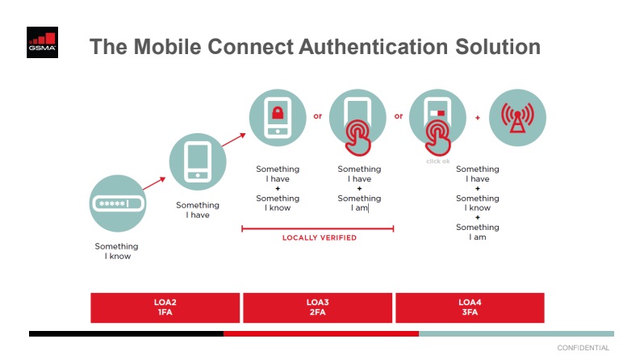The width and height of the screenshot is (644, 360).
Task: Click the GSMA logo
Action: coord(42,42)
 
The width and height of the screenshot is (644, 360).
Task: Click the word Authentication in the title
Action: coord(373,47)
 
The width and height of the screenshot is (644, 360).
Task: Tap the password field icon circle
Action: coord(118,203)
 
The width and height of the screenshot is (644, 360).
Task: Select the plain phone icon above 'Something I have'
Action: coord(198,161)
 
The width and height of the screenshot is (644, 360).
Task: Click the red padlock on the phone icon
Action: coord(278,113)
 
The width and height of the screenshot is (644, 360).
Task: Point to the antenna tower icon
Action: coord(517,118)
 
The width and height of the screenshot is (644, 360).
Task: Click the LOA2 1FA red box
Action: coord(165,308)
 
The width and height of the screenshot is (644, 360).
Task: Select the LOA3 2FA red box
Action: coord(317,308)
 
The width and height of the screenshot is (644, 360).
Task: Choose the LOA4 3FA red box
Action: coord(470,308)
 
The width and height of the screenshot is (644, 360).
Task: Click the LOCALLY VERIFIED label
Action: coord(320,237)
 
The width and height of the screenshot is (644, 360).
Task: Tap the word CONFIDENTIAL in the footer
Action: coord(583,348)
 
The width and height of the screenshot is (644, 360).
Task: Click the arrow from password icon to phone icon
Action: coord(154,183)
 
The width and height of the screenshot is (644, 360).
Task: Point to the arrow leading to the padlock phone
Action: coord(234,140)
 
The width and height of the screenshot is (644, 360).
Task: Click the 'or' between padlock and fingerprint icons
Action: coord(317,116)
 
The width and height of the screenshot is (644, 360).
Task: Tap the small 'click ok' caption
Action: coord(438,161)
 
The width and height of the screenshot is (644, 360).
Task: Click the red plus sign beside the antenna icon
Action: coord(478,118)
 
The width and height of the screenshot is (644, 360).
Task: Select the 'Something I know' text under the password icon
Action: coord(117,251)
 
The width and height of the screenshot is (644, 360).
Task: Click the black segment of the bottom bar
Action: coord(126,333)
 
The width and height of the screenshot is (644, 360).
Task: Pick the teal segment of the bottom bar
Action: coord(516,333)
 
